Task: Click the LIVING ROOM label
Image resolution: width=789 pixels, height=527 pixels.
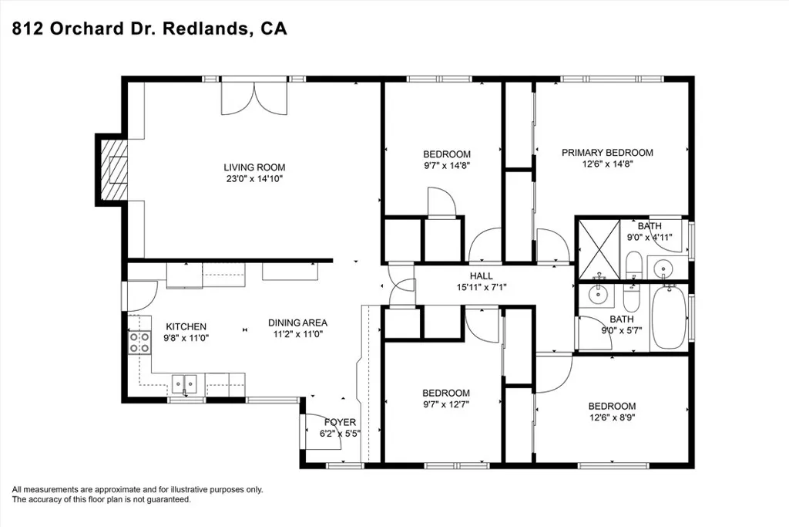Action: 254,167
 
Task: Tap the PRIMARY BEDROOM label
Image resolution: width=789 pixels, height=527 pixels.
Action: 607,153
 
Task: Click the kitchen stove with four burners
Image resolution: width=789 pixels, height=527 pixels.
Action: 140,342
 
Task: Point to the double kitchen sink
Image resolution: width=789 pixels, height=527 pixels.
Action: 184,384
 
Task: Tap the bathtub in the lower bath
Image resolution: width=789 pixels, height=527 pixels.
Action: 669,317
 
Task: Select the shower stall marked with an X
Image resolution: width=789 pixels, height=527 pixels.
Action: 599,249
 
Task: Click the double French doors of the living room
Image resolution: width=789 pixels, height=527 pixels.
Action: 254,98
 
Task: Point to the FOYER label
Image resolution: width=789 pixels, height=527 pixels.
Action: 340,422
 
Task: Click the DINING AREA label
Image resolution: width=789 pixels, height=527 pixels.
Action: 298,323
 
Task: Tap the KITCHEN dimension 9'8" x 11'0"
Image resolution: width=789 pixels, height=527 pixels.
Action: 186,338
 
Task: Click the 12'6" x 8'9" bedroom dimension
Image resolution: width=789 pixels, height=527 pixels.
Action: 613,417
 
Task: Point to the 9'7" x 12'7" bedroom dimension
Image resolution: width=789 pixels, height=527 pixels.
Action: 446,404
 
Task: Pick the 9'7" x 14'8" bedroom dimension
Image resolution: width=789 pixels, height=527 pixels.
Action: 446,165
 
